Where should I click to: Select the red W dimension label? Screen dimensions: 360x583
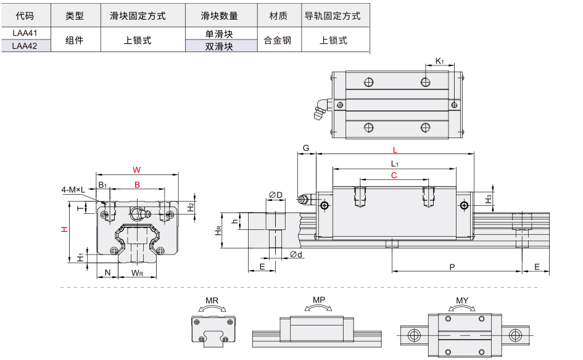[x=137, y=170]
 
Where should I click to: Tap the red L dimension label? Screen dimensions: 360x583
[x=395, y=150]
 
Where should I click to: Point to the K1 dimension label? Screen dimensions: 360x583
[x=440, y=61]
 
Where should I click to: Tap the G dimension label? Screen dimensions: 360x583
[x=306, y=149]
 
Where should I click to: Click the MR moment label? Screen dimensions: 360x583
[x=212, y=300]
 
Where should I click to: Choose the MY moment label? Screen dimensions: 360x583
[x=462, y=300]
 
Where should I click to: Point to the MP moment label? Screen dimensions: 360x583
[x=318, y=300]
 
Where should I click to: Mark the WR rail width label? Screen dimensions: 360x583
[x=137, y=272]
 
